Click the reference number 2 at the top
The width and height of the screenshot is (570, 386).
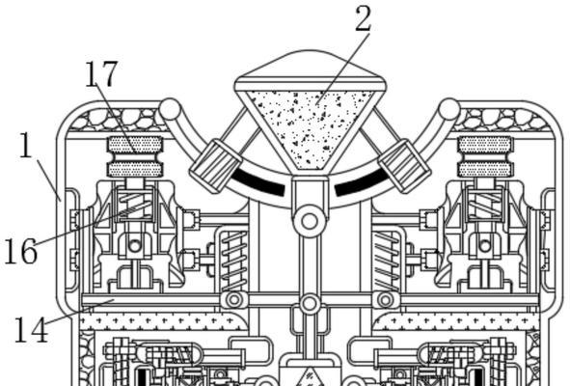click(x=363, y=18)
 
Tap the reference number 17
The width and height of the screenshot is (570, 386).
click(x=101, y=74)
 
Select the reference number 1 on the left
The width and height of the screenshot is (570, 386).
click(x=26, y=145)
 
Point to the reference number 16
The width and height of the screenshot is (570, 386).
click(x=20, y=251)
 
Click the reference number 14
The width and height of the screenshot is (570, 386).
click(x=31, y=330)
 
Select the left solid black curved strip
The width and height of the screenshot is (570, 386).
click(x=258, y=183)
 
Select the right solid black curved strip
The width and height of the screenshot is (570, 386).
click(x=362, y=183)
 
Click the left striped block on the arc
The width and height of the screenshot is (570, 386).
click(x=215, y=166)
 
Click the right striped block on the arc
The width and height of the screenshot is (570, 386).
click(x=404, y=166)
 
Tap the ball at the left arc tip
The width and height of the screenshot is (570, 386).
click(x=170, y=109)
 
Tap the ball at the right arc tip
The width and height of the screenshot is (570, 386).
click(x=449, y=109)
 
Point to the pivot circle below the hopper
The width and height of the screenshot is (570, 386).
click(x=310, y=221)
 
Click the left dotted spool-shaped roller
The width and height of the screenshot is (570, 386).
click(x=135, y=156)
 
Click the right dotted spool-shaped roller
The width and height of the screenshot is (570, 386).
click(x=485, y=156)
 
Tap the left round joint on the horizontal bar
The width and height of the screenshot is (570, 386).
click(x=234, y=300)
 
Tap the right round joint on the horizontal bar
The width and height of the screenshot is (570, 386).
click(x=386, y=300)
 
